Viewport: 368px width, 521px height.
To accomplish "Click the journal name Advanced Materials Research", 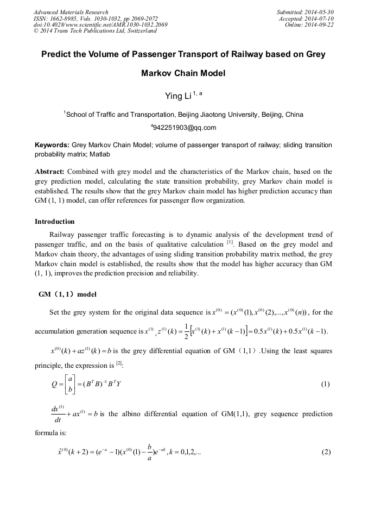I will coord(71,12).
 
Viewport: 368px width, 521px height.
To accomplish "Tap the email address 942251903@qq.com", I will coord(185,128).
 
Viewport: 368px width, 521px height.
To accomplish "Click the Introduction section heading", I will coord(54,222).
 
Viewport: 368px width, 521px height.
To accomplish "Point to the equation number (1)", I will coord(325,384).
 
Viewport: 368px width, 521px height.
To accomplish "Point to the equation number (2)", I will coord(325,453).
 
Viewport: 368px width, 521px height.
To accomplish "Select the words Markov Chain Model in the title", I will coord(183,73).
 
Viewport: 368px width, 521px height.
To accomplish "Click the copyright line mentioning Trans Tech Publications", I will coord(95,31).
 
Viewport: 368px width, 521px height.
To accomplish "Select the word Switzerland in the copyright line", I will coord(140,31).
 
